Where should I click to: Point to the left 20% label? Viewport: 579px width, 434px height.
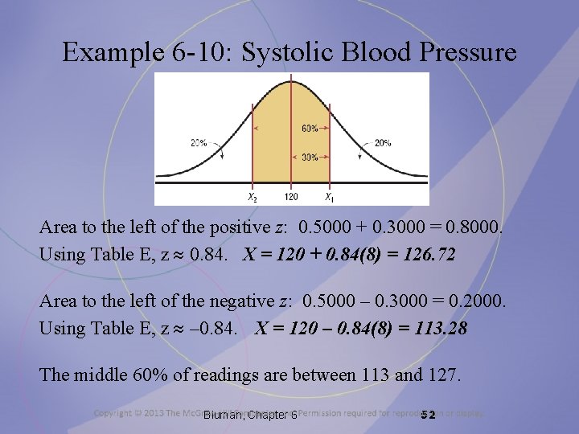point(199,143)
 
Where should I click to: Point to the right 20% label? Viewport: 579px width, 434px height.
point(381,143)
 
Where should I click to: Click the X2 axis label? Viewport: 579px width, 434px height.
point(252,196)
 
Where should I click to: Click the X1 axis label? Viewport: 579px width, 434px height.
point(330,196)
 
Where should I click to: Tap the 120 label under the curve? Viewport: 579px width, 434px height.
point(291,196)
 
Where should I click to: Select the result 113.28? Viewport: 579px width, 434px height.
point(440,329)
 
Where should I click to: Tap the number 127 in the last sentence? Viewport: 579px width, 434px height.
point(441,375)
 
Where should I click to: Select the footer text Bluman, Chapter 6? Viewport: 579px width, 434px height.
point(251,415)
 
